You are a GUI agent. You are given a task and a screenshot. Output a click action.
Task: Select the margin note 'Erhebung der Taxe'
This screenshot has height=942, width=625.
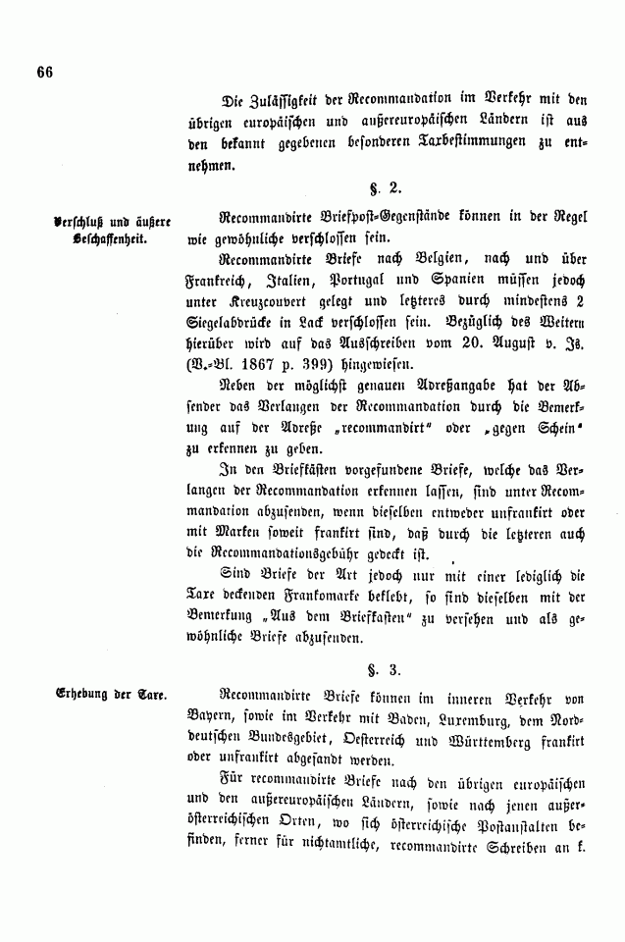click(x=111, y=696)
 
